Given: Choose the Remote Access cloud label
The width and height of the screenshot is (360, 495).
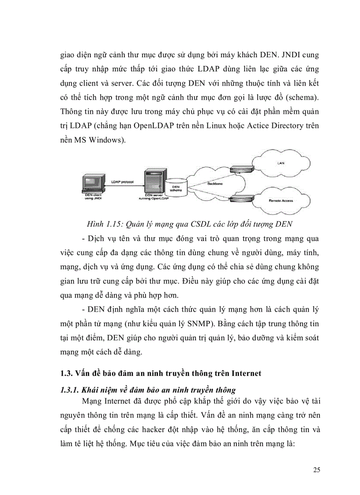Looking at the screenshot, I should [x=281, y=201].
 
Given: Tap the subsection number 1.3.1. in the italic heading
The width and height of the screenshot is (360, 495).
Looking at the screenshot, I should [x=69, y=390].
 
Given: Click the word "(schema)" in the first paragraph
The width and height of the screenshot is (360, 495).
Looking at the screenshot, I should [x=302, y=97].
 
